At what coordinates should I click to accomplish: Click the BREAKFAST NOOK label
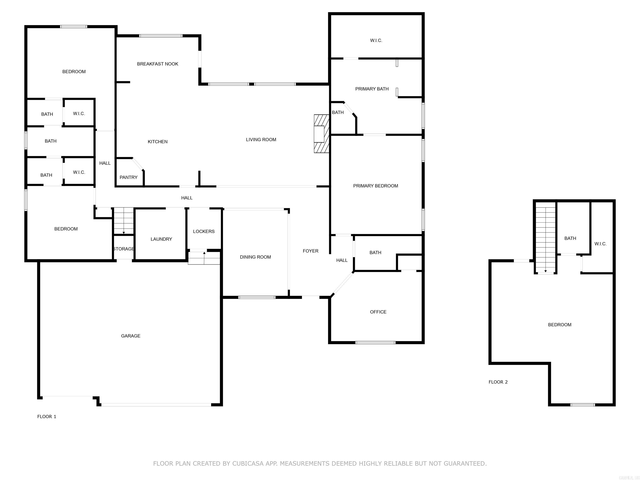point(157,64)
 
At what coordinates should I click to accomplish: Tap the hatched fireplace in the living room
point(321,134)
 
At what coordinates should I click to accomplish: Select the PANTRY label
point(129,177)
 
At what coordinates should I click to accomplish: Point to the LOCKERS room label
point(204,231)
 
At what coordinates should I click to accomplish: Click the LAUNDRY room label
point(161,239)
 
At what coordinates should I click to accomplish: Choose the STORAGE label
point(124,249)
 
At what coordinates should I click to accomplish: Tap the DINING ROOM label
point(255,257)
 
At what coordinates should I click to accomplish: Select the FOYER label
point(310,251)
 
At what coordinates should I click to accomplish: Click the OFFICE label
point(378,312)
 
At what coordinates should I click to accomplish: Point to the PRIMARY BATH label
point(372,89)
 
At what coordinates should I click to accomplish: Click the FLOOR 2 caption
point(498,382)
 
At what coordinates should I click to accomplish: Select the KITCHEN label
point(157,141)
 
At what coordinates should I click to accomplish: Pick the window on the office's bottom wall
point(375,342)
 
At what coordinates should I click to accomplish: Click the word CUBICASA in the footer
point(248,464)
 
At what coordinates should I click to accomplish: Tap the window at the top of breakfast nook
point(161,36)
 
